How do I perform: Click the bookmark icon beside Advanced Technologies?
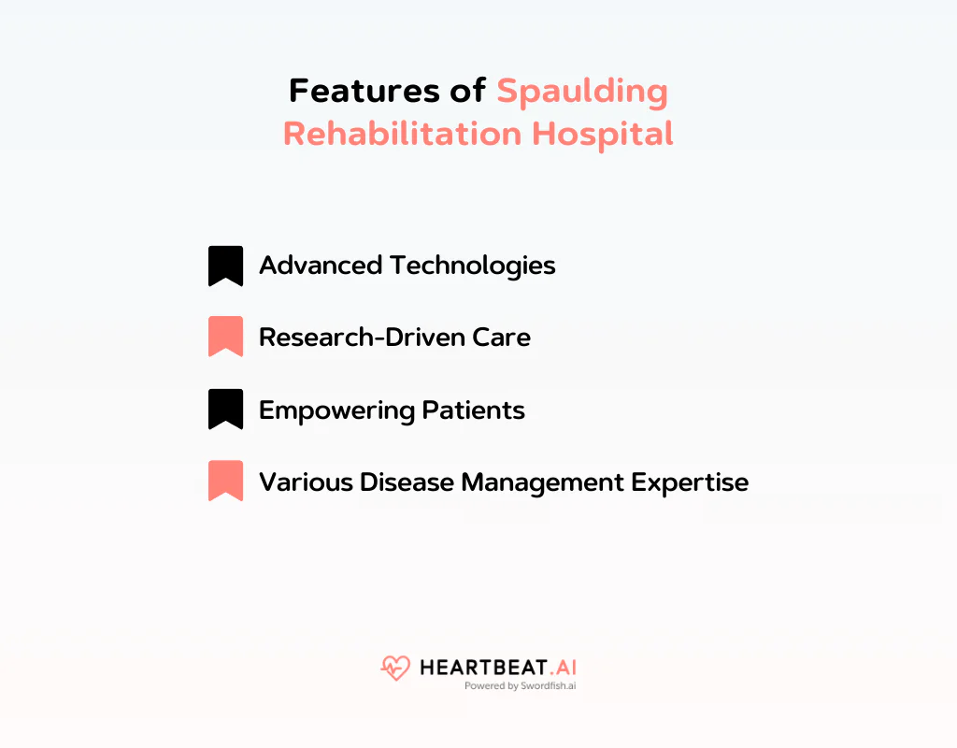[x=225, y=266]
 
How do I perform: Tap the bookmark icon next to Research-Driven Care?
[x=225, y=337]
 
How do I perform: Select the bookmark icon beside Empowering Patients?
[x=225, y=410]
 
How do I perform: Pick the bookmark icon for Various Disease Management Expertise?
[x=225, y=482]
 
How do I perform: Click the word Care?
[x=505, y=337]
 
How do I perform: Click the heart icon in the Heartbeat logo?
[x=395, y=668]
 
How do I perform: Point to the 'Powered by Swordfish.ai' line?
[x=520, y=685]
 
